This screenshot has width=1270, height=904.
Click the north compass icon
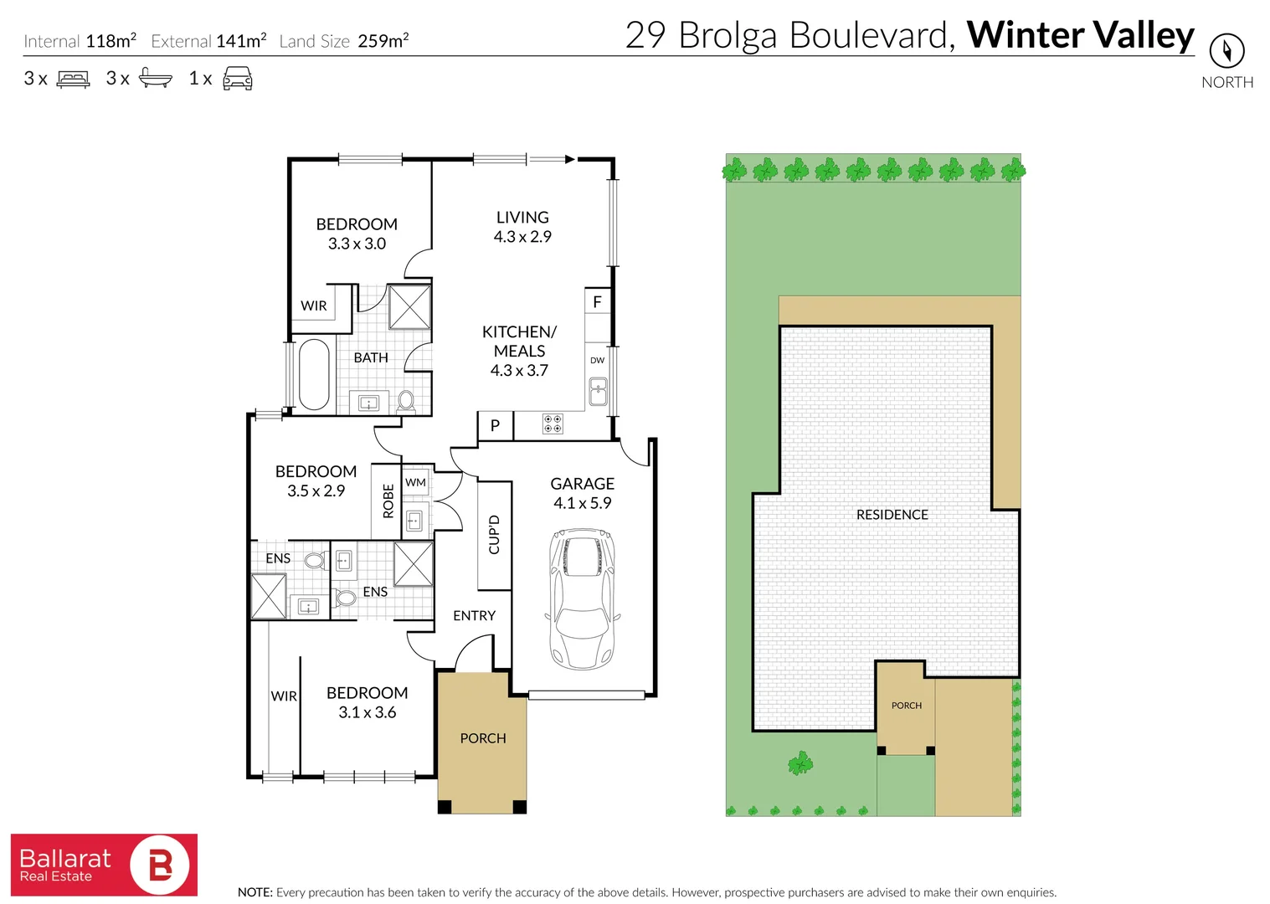(x=1226, y=51)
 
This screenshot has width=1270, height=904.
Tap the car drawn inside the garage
(x=582, y=598)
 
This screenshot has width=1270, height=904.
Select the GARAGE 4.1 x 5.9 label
(x=582, y=493)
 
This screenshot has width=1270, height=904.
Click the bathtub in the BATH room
(x=314, y=373)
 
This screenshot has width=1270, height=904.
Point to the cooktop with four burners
(x=553, y=424)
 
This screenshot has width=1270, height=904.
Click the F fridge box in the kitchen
(x=597, y=302)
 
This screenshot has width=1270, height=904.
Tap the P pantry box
(x=495, y=425)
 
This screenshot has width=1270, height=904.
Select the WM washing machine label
(x=415, y=482)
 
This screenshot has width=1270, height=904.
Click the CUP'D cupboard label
(x=494, y=534)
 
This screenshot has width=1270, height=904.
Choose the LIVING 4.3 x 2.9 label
(x=522, y=227)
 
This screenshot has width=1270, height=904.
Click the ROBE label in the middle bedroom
(x=388, y=501)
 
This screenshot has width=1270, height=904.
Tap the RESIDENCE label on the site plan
(x=892, y=515)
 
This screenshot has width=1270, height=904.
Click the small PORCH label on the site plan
(x=906, y=706)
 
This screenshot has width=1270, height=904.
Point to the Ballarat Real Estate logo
(x=104, y=865)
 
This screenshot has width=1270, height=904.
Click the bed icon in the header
(x=73, y=80)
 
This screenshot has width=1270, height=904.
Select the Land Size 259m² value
(x=383, y=41)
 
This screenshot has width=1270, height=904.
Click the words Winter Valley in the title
(x=1080, y=35)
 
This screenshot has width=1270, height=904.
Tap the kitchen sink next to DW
(x=598, y=391)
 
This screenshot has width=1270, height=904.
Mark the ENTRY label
(x=474, y=615)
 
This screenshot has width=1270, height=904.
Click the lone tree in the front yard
(x=800, y=763)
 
